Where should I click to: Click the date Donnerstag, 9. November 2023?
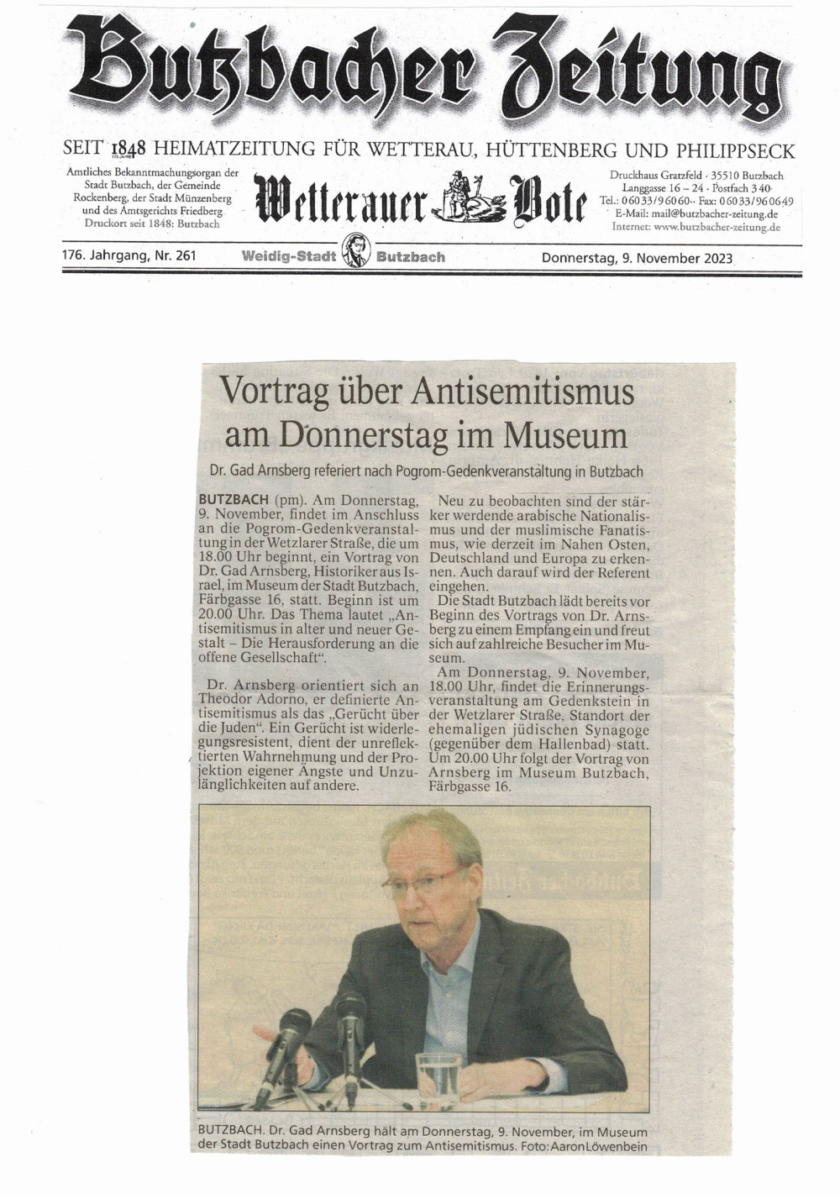pos(638,258)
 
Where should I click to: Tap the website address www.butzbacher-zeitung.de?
pos(717,227)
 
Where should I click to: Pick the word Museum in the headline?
pos(565,435)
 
